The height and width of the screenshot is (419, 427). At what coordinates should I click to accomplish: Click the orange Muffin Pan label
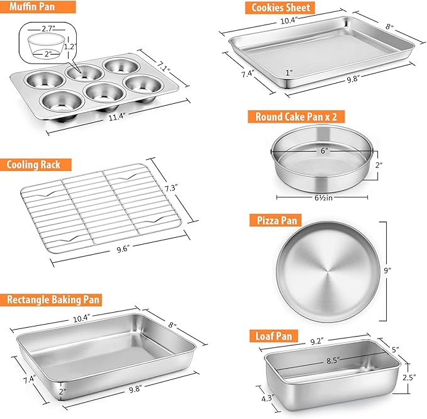click(x=38, y=7)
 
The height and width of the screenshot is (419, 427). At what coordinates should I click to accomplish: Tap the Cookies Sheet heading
click(x=280, y=8)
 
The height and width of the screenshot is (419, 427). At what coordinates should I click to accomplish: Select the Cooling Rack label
click(x=36, y=165)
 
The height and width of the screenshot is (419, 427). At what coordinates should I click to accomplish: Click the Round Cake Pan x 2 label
click(x=296, y=117)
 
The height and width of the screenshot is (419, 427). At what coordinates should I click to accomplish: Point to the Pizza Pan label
click(x=275, y=220)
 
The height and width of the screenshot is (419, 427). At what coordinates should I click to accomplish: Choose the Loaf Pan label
click(x=274, y=336)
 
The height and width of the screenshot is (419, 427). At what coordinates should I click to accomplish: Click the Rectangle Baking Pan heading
click(x=51, y=300)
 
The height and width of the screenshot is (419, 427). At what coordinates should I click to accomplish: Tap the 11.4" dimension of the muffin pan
click(x=116, y=117)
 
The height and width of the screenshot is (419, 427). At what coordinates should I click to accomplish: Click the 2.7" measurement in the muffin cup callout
click(x=48, y=28)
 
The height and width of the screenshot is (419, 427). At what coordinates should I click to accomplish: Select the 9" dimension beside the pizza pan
click(x=387, y=270)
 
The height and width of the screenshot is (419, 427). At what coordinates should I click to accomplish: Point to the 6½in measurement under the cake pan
click(x=323, y=198)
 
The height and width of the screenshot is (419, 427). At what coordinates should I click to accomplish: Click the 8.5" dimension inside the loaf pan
click(x=333, y=360)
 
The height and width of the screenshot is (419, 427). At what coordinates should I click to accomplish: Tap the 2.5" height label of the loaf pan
click(x=409, y=377)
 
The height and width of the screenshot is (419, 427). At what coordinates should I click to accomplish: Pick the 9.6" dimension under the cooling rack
click(x=123, y=249)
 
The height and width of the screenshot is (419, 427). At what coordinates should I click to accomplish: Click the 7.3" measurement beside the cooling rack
click(x=171, y=187)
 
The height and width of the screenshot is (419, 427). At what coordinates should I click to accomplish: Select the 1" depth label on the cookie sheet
click(x=289, y=72)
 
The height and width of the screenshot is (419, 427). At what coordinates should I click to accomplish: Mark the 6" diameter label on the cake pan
click(x=324, y=150)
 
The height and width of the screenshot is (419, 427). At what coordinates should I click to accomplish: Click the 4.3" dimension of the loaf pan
click(x=267, y=398)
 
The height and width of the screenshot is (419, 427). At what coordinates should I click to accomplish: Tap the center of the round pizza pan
click(x=328, y=271)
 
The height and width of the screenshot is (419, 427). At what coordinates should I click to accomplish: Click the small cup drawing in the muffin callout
click(x=47, y=46)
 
